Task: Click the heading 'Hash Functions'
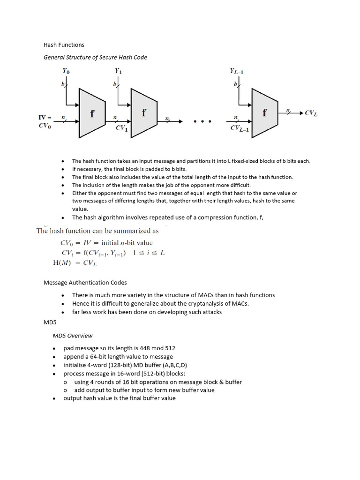tap(64, 45)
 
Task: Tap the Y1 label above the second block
tap(119, 71)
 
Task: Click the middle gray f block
tap(143, 113)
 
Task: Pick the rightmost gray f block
tap(265, 113)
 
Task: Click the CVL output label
tap(311, 113)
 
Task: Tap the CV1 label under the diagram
tap(121, 128)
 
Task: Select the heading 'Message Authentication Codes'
tap(85, 283)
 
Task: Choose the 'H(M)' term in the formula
tap(62, 263)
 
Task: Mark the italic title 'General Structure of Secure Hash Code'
tap(95, 57)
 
